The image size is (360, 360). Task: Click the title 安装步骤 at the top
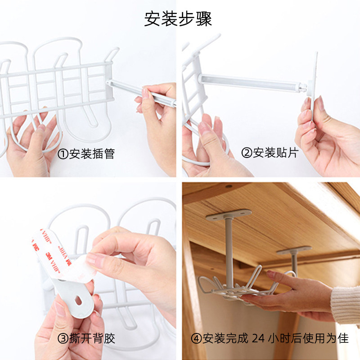[178, 19]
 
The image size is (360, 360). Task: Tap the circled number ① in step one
[63, 154]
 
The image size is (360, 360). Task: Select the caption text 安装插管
[92, 154]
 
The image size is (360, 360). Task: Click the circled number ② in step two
[247, 153]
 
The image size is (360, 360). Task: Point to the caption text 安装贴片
[276, 153]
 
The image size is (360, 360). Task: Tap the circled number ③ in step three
[63, 338]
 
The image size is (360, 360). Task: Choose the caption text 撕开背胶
[92, 338]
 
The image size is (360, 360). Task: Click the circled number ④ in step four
[196, 338]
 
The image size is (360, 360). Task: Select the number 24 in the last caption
[258, 338]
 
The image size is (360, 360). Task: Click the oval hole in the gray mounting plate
[78, 300]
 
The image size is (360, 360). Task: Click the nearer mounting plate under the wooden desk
[228, 215]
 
